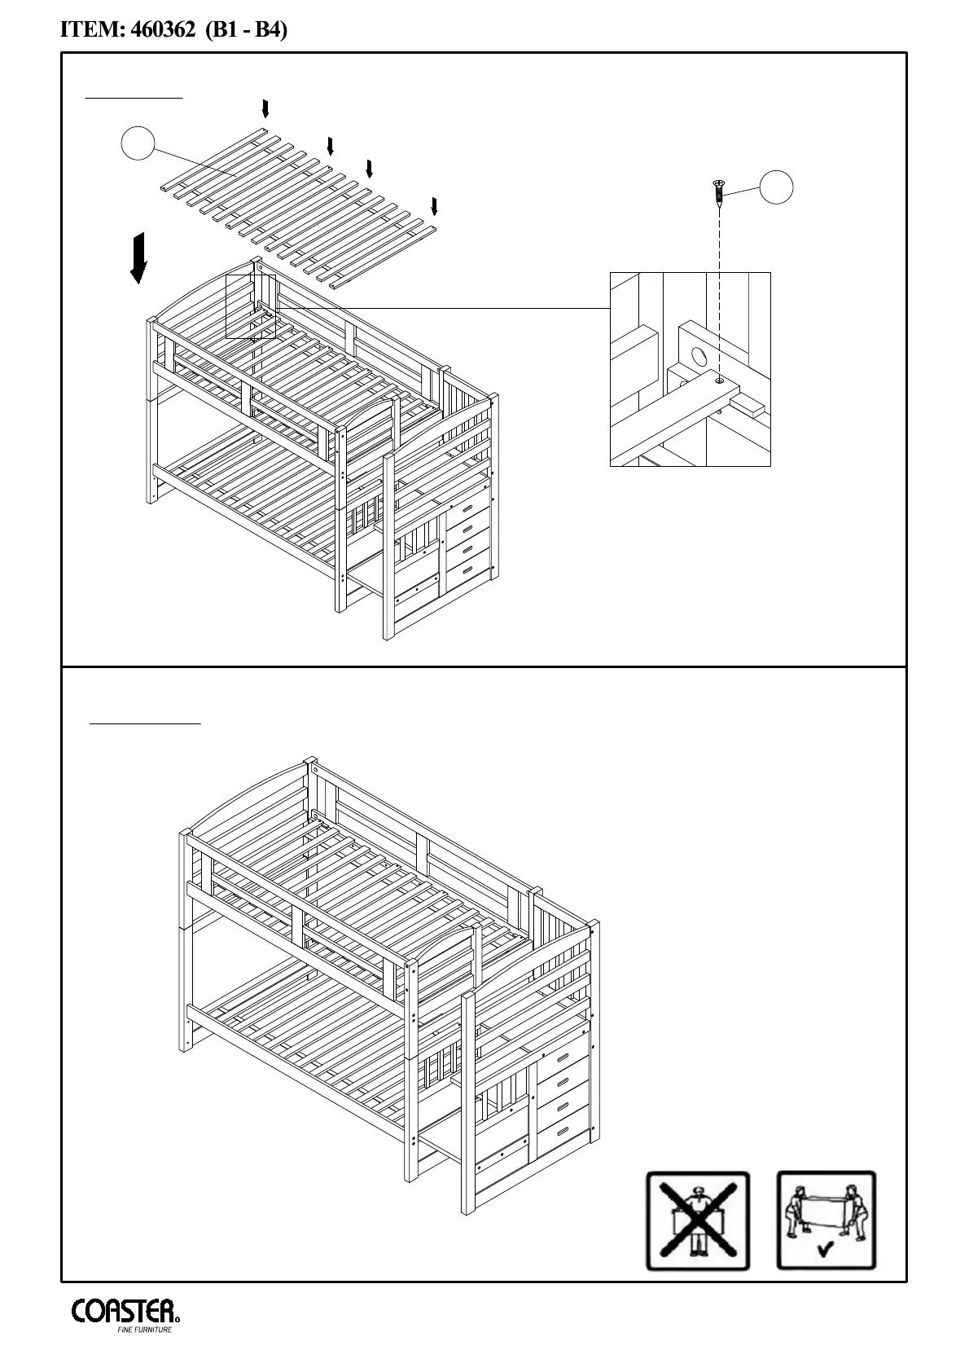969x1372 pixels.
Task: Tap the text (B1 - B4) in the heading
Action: coord(247,31)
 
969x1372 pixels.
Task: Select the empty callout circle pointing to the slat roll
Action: coord(138,145)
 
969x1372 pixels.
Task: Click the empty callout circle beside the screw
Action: coord(777,187)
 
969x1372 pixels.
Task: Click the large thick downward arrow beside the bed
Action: coord(139,257)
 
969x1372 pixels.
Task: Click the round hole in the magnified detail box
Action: coord(697,355)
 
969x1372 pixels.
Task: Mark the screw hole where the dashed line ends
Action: coord(719,379)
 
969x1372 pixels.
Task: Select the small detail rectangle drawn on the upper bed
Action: coord(251,306)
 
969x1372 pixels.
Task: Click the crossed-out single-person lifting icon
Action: coord(697,1220)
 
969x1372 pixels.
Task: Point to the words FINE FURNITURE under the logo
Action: coord(145,1330)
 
